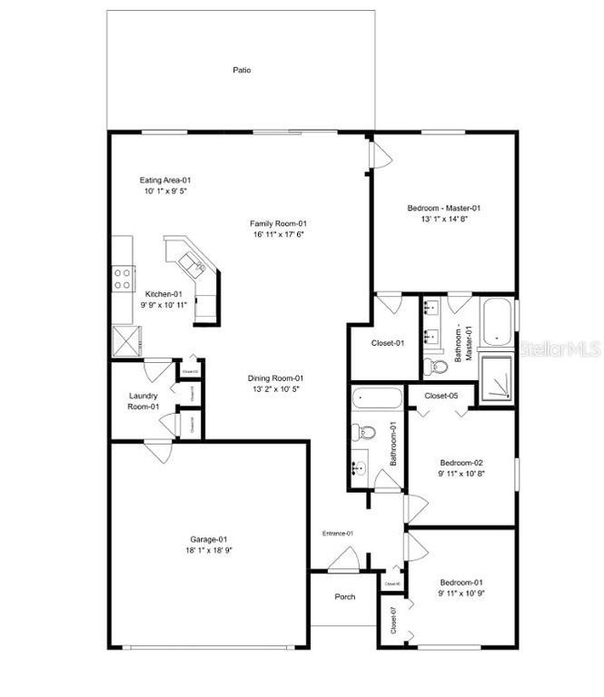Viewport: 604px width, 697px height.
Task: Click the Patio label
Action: (241, 70)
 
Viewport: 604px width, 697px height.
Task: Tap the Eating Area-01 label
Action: (164, 180)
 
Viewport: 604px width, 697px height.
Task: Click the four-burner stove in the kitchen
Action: (123, 277)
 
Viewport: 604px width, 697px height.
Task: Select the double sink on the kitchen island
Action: (192, 264)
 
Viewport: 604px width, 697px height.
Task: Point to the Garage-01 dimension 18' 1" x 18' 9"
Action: (208, 550)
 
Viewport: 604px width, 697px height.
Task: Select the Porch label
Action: (344, 596)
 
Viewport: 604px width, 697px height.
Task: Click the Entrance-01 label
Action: (337, 533)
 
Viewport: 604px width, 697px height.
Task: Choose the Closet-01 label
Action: (387, 343)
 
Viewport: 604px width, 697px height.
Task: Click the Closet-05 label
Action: (441, 396)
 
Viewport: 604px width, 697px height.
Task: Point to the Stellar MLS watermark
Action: (556, 348)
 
